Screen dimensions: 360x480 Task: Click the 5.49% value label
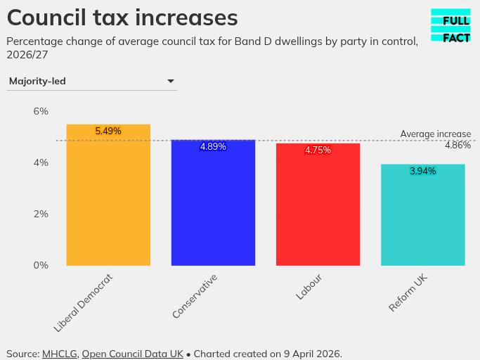[108, 131]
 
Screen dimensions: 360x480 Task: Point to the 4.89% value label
[213, 147]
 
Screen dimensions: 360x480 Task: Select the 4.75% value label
[318, 150]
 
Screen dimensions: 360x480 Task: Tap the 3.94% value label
[422, 172]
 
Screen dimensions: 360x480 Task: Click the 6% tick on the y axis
[41, 111]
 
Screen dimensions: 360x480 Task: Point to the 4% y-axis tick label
[41, 162]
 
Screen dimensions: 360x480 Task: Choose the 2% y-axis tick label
[41, 214]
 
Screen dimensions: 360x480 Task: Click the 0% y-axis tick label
[41, 265]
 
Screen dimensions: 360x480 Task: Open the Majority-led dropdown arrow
[170, 82]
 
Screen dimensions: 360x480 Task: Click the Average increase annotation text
[435, 134]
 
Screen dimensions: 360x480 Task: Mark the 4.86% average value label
[458, 146]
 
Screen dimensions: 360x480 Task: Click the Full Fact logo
[450, 26]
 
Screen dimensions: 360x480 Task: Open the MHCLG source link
[60, 354]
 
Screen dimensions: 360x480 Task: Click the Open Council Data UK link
[132, 354]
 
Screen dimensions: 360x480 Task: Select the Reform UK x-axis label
[409, 294]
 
